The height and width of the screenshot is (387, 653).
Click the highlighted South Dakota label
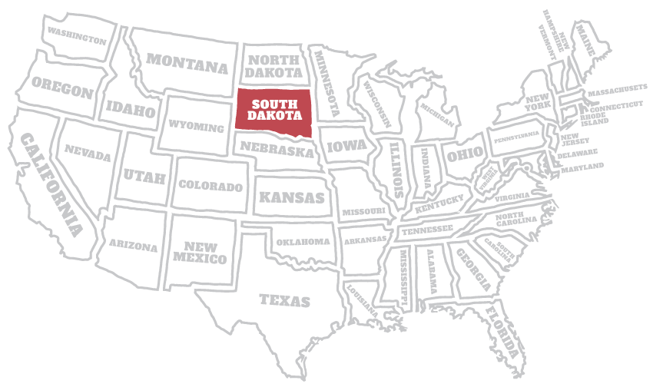coord(273,110)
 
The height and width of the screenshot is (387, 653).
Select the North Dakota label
coord(274,66)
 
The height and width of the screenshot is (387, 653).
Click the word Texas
coord(284,300)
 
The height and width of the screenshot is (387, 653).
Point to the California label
coord(51,184)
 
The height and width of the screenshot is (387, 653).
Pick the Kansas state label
coord(291,197)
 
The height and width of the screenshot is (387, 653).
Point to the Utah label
coord(144,177)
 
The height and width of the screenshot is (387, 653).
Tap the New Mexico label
coord(201,253)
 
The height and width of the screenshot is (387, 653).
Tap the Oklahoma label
coord(303,241)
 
